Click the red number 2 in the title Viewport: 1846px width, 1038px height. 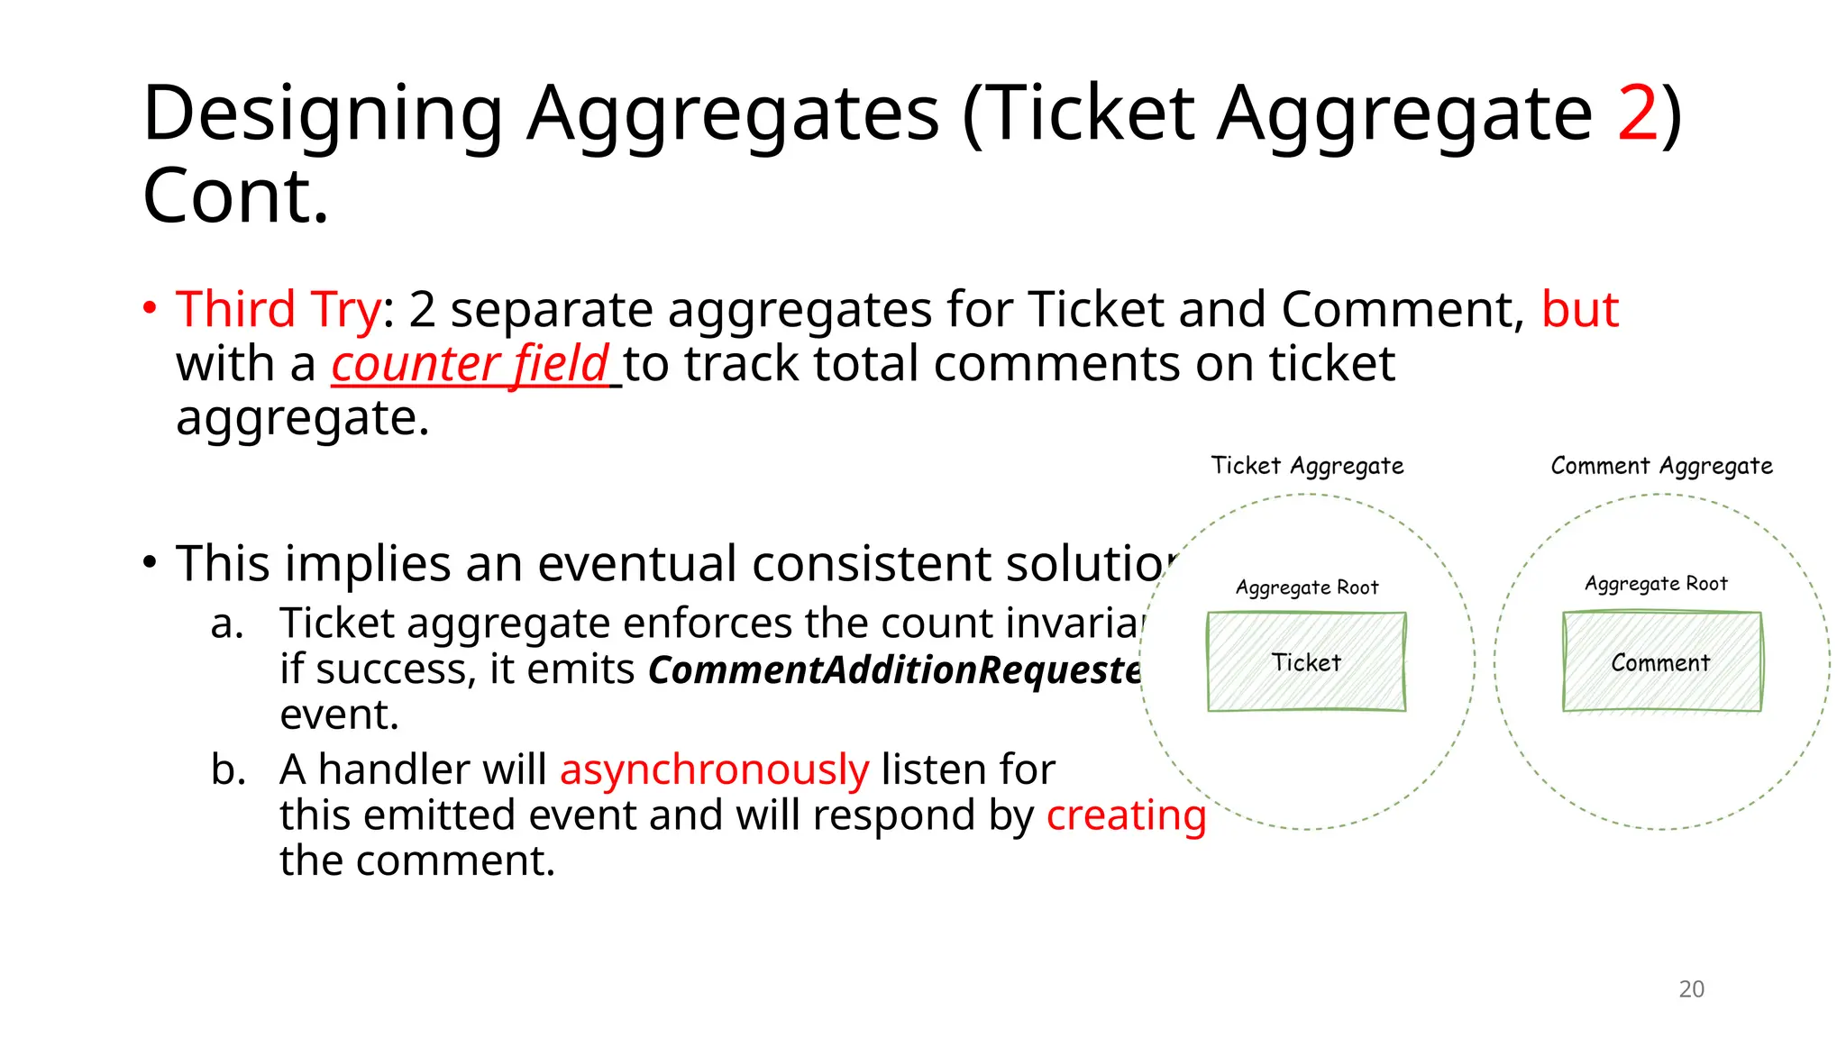1637,114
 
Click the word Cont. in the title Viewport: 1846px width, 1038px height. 236,196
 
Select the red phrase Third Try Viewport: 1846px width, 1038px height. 278,310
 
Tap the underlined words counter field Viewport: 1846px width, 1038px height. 471,365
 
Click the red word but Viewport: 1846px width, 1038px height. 1579,310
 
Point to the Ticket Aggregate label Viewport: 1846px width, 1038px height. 1307,466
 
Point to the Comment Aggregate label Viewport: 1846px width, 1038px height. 1661,466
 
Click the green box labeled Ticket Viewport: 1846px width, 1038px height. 1306,662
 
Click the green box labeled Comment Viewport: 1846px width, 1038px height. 1661,662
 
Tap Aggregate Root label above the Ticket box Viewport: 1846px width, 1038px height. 1307,587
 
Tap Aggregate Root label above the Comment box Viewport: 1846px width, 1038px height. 1656,584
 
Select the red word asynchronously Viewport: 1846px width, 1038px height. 714,770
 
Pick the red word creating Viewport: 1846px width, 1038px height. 1126,815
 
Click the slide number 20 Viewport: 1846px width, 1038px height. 1691,989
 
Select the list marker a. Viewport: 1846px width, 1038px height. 227,624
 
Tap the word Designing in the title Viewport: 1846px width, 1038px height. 323,114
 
